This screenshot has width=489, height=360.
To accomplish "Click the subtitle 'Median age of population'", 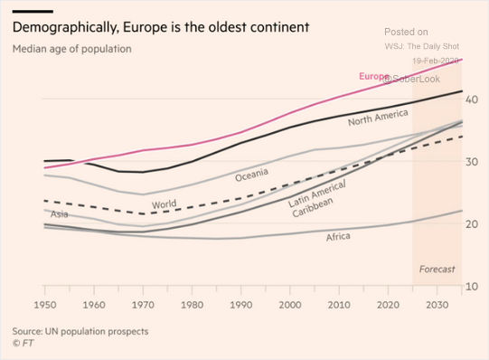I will click(71, 48).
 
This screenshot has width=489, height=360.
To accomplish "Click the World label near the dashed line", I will click(164, 205).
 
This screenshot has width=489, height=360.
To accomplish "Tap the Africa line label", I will click(338, 237).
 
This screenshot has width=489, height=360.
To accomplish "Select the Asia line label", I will click(59, 214).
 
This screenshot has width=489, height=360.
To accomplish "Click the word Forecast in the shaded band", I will click(437, 270).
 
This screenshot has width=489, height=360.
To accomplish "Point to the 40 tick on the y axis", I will click(471, 98).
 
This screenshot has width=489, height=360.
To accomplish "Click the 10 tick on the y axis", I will click(471, 287).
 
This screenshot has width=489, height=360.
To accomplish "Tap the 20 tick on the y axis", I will click(471, 223).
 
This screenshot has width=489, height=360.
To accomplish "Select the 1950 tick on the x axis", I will click(45, 307).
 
